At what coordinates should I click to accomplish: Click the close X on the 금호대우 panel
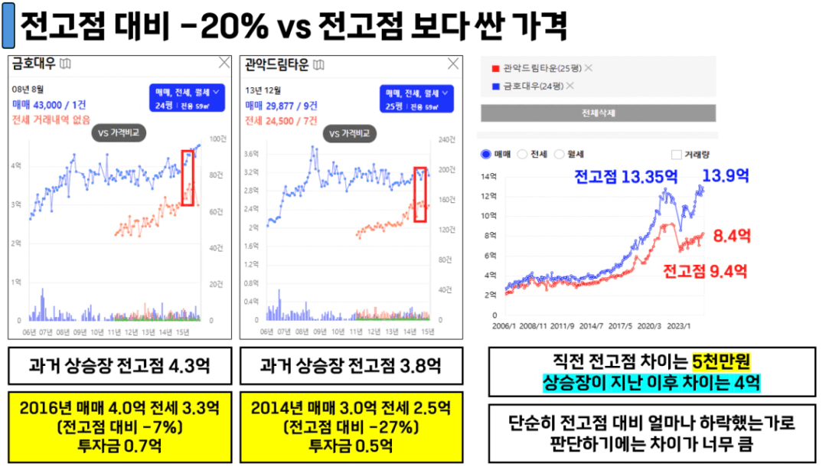coord(224,64)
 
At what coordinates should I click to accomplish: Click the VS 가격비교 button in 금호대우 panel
coord(119,133)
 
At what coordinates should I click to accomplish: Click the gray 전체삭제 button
coord(598,113)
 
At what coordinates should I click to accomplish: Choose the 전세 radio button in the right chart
coord(523,154)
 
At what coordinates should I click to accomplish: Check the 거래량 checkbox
coord(676,154)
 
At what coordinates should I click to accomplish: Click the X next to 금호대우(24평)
coord(570,86)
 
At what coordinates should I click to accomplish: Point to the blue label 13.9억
coord(725,175)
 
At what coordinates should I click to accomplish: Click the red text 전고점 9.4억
coord(704,270)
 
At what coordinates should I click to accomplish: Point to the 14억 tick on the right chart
coord(489,176)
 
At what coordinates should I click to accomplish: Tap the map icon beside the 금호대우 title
coord(66,64)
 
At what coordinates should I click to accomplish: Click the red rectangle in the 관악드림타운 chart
coord(419,194)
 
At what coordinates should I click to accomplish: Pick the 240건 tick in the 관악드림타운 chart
coord(444,139)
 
